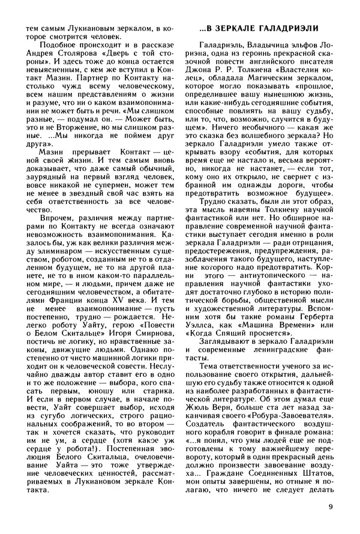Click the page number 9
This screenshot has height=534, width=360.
[x=331, y=506]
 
